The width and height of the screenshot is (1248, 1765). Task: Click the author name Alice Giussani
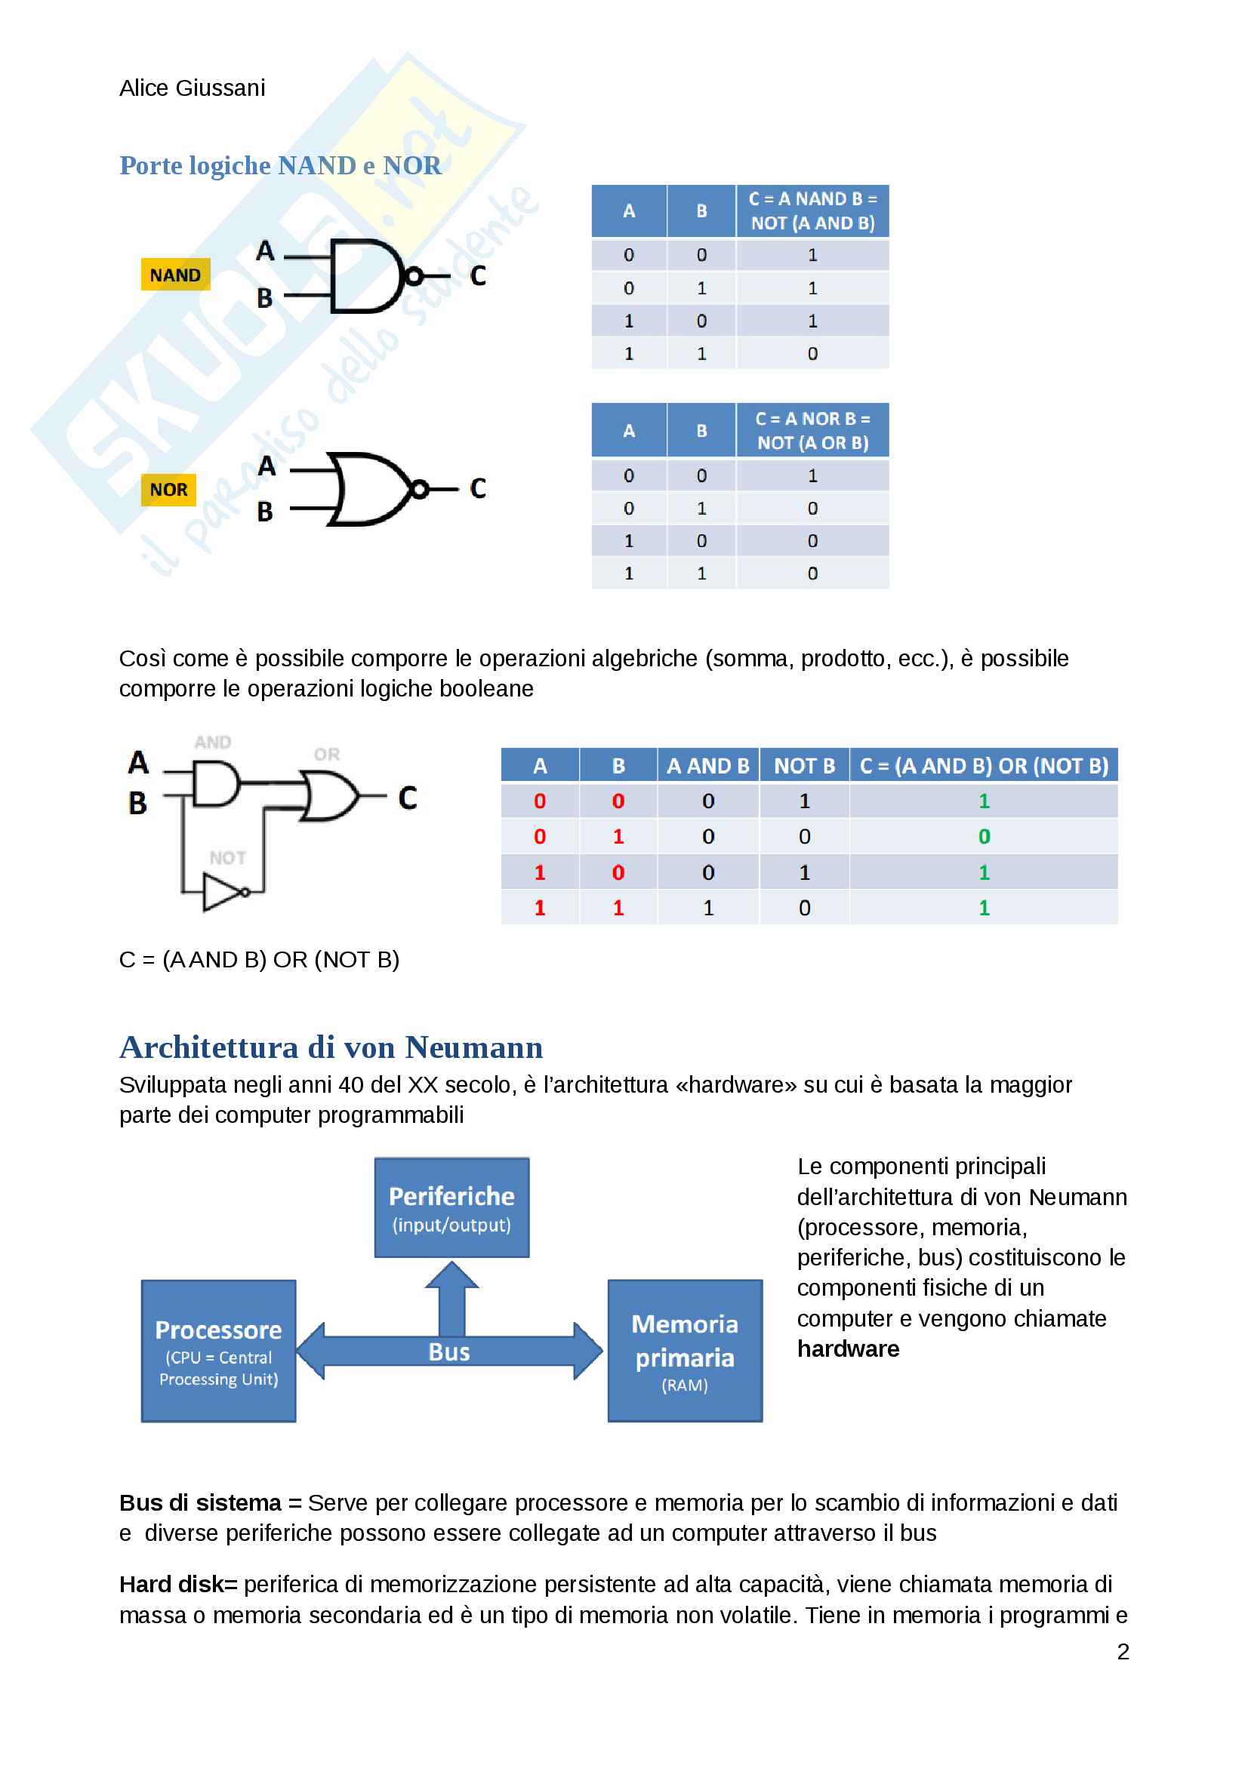tap(193, 88)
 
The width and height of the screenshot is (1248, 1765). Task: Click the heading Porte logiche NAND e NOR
tap(281, 166)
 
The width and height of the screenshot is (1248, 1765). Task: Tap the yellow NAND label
tap(175, 275)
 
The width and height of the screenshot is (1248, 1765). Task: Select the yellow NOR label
tap(168, 490)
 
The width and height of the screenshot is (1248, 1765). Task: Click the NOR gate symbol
tap(369, 490)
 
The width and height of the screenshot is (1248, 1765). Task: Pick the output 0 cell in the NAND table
tap(812, 355)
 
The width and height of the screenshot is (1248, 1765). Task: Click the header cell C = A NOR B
tap(812, 430)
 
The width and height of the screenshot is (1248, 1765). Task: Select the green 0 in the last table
tap(984, 837)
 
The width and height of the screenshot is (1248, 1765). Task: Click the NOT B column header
tap(803, 767)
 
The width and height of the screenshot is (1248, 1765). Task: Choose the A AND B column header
tap(707, 767)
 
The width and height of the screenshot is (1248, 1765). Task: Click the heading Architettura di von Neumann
tap(331, 1048)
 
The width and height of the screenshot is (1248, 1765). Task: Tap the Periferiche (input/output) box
tap(451, 1207)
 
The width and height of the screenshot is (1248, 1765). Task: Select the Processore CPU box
tap(218, 1351)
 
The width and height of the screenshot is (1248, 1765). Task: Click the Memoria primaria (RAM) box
tap(684, 1351)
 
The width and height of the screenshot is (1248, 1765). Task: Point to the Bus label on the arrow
tap(449, 1352)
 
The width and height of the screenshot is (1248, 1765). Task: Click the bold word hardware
tap(848, 1349)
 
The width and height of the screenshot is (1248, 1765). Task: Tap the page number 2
tap(1123, 1652)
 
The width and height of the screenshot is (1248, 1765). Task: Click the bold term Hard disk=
tap(178, 1585)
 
